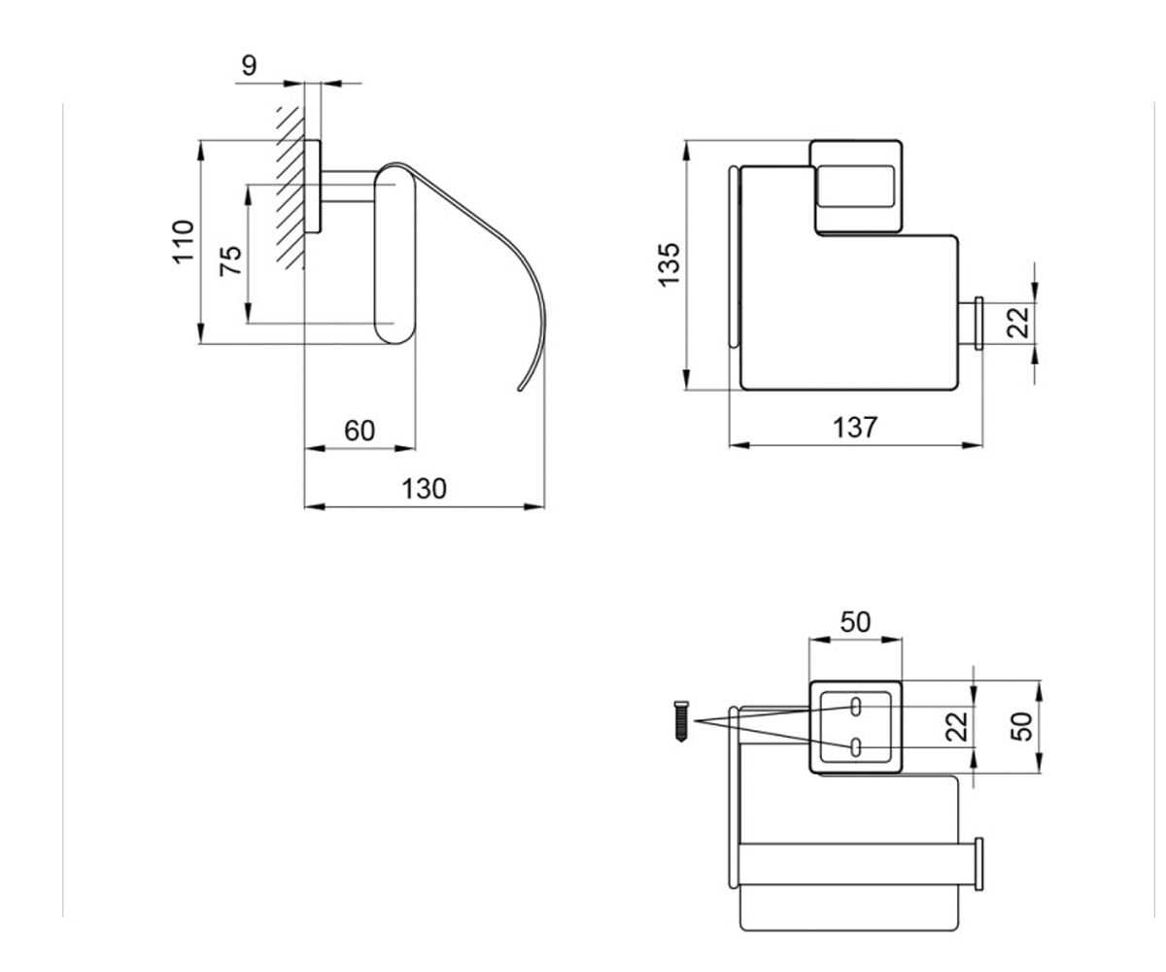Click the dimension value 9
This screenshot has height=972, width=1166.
click(x=249, y=65)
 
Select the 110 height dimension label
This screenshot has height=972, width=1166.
click(x=184, y=242)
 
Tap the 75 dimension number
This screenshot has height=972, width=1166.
click(x=230, y=260)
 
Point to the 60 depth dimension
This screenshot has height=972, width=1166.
click(x=360, y=431)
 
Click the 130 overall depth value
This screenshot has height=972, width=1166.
click(x=424, y=488)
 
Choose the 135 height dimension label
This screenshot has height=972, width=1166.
click(x=669, y=265)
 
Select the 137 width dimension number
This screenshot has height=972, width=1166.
click(x=855, y=428)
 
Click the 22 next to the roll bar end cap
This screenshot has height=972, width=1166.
click(x=1017, y=323)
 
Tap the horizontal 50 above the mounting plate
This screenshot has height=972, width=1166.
click(x=855, y=622)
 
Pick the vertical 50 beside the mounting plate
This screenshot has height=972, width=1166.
click(x=1022, y=727)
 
